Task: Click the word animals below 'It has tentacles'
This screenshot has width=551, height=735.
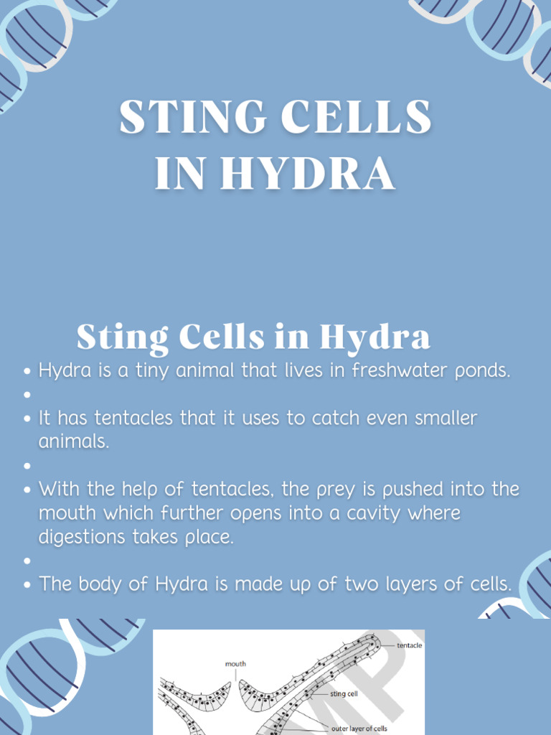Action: (x=73, y=441)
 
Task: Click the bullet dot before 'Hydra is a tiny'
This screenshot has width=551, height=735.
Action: (x=27, y=372)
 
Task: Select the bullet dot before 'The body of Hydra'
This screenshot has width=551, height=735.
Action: (x=27, y=584)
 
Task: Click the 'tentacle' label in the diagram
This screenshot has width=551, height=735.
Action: (x=410, y=645)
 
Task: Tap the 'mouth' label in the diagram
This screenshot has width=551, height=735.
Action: (x=235, y=664)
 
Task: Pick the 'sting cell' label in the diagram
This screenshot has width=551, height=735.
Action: (x=344, y=694)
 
